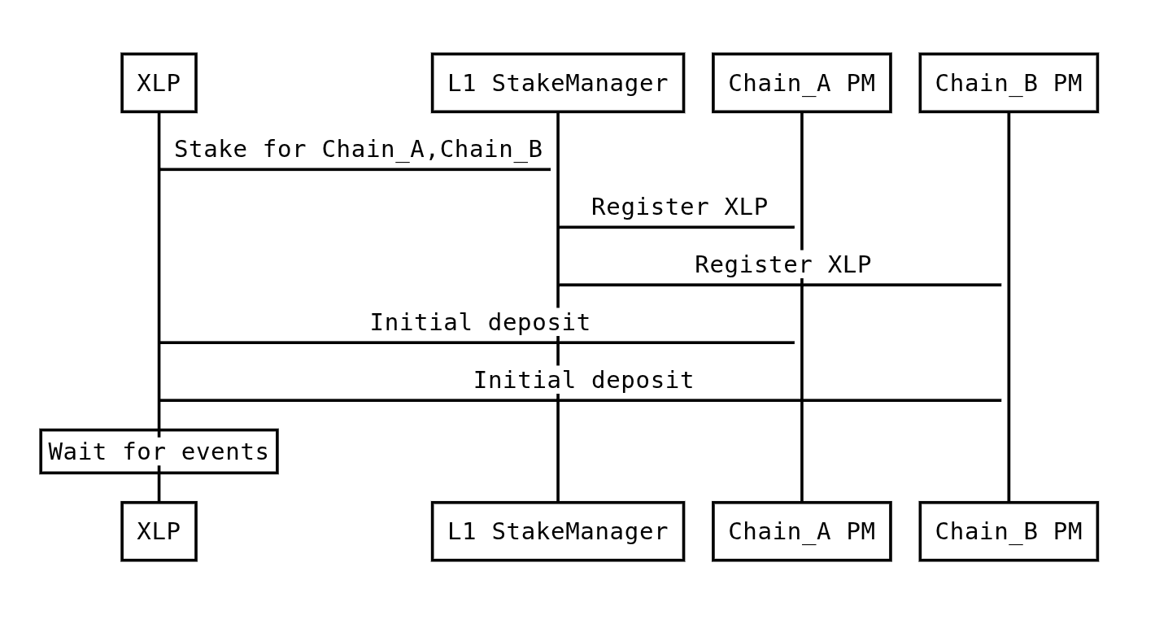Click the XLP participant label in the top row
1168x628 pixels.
(x=159, y=83)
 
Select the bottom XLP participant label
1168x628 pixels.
(x=159, y=531)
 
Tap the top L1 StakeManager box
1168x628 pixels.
(x=558, y=83)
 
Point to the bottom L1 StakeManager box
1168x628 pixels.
(x=558, y=531)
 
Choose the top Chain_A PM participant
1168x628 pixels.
(x=801, y=83)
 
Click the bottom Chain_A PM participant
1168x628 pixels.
(x=801, y=531)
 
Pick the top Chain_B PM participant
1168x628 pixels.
(x=1009, y=83)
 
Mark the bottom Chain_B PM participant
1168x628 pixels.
(x=1009, y=531)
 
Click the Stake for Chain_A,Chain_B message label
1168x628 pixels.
(x=358, y=150)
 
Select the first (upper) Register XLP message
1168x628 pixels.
(x=679, y=207)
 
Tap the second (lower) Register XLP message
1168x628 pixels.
(x=782, y=264)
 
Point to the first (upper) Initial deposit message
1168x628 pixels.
(x=480, y=322)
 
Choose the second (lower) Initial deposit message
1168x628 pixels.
(x=583, y=380)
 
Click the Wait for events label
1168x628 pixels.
(x=159, y=451)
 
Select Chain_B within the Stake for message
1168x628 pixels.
(x=491, y=150)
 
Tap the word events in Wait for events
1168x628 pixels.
(x=225, y=451)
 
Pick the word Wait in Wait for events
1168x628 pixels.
(x=78, y=451)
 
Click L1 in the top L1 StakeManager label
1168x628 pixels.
(x=462, y=83)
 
